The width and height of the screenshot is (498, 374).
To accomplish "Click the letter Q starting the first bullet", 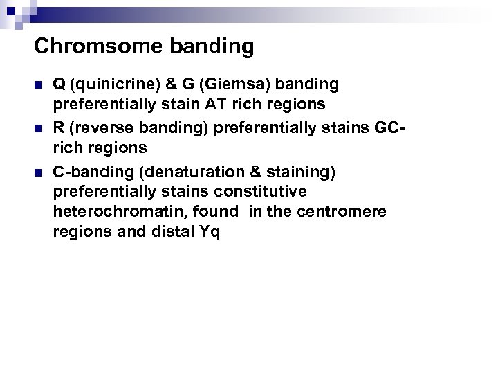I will click(59, 84).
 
